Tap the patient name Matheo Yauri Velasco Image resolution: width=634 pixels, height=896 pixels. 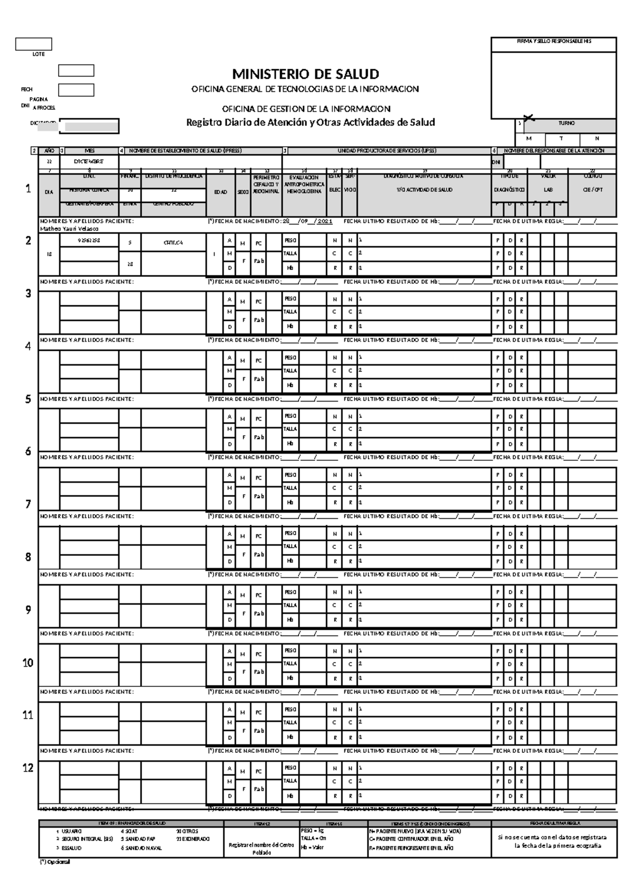69,229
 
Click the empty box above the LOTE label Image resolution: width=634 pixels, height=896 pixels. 33,44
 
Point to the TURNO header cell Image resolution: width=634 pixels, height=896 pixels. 566,123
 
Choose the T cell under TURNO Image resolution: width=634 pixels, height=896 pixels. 561,138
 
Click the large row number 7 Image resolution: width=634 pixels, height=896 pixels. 29,504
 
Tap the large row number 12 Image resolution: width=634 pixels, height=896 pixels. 28,768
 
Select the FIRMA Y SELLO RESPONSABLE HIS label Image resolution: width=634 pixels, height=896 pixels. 554,41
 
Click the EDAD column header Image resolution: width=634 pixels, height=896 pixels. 220,192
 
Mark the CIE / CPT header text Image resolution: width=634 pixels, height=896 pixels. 592,190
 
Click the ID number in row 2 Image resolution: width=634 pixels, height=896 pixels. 89,240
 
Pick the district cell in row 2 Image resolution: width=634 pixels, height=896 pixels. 173,242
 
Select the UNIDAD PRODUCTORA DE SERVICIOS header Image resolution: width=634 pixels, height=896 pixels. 387,151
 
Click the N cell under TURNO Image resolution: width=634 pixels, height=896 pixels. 597,138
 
